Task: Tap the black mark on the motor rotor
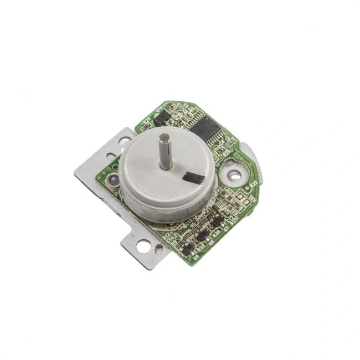click(194, 178)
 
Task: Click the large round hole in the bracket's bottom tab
click(143, 247)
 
